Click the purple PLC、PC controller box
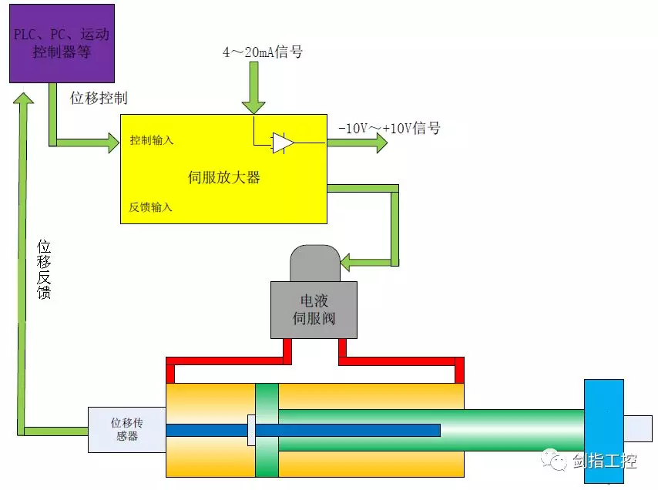62,43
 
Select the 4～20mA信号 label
262,52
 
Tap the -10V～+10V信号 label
391,128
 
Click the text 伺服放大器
224,178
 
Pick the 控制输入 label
152,141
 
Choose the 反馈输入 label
151,207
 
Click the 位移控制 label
99,98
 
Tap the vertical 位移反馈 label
45,269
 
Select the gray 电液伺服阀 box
314,310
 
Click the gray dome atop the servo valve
314,263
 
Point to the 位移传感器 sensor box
126,429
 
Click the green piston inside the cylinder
267,430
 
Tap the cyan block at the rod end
603,430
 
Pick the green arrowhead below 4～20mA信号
253,105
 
